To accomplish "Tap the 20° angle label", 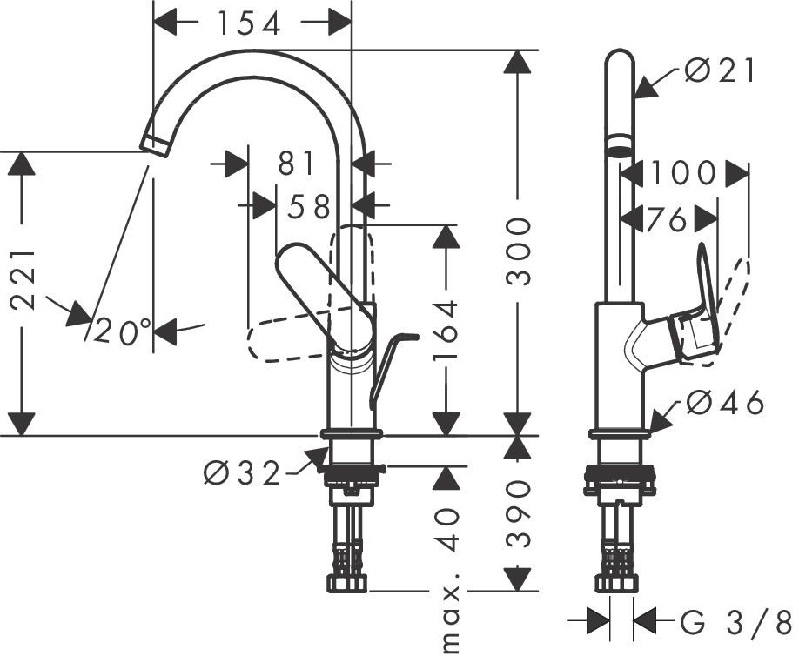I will [x=123, y=331].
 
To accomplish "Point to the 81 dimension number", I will [x=297, y=163].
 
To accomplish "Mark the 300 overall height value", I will [x=519, y=251].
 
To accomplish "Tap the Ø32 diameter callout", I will [x=242, y=473].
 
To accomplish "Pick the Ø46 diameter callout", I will [x=724, y=403].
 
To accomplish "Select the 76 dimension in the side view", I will [x=668, y=220].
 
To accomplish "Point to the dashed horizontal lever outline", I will [x=287, y=342].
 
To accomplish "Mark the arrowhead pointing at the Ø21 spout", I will [x=645, y=87].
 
